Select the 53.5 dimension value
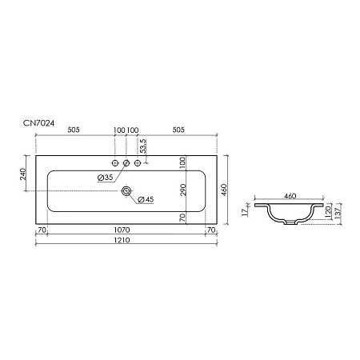coord(143,146)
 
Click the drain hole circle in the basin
coord(126,192)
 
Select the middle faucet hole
coord(126,164)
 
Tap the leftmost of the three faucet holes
coord(116,164)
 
